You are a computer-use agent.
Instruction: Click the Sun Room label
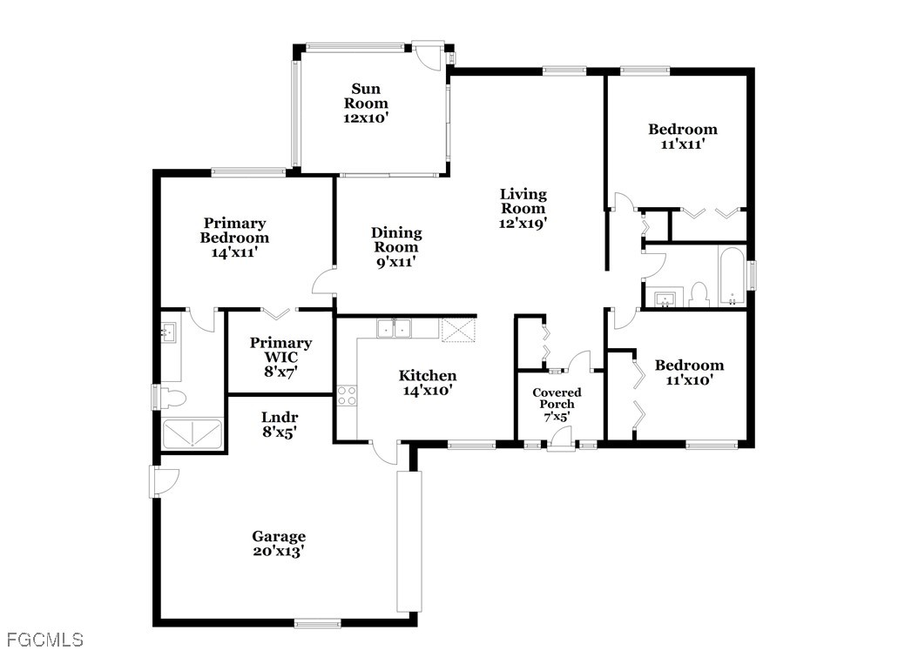tap(366, 96)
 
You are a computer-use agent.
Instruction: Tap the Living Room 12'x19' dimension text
tap(523, 224)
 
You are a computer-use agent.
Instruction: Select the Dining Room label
tap(396, 240)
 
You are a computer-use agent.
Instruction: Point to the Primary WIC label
tap(280, 350)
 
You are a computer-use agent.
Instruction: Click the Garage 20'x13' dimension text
tap(279, 551)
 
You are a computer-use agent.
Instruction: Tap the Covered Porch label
tap(557, 398)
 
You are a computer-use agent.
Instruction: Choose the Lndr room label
tap(280, 417)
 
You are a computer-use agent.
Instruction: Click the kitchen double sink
tap(394, 328)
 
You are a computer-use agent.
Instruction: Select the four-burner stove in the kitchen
tap(347, 395)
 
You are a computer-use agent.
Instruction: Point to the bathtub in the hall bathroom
tap(732, 277)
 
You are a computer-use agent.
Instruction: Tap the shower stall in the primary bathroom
tap(192, 434)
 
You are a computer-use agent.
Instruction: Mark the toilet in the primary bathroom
tap(172, 398)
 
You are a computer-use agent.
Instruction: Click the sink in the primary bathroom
tap(169, 332)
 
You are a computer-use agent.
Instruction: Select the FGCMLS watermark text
tap(45, 640)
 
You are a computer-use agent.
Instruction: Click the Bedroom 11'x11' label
tap(683, 136)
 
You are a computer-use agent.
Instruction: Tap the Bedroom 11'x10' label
tap(689, 372)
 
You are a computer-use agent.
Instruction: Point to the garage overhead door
tap(409, 541)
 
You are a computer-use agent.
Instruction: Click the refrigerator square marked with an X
tap(458, 331)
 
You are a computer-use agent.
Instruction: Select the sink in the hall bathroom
tap(665, 298)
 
